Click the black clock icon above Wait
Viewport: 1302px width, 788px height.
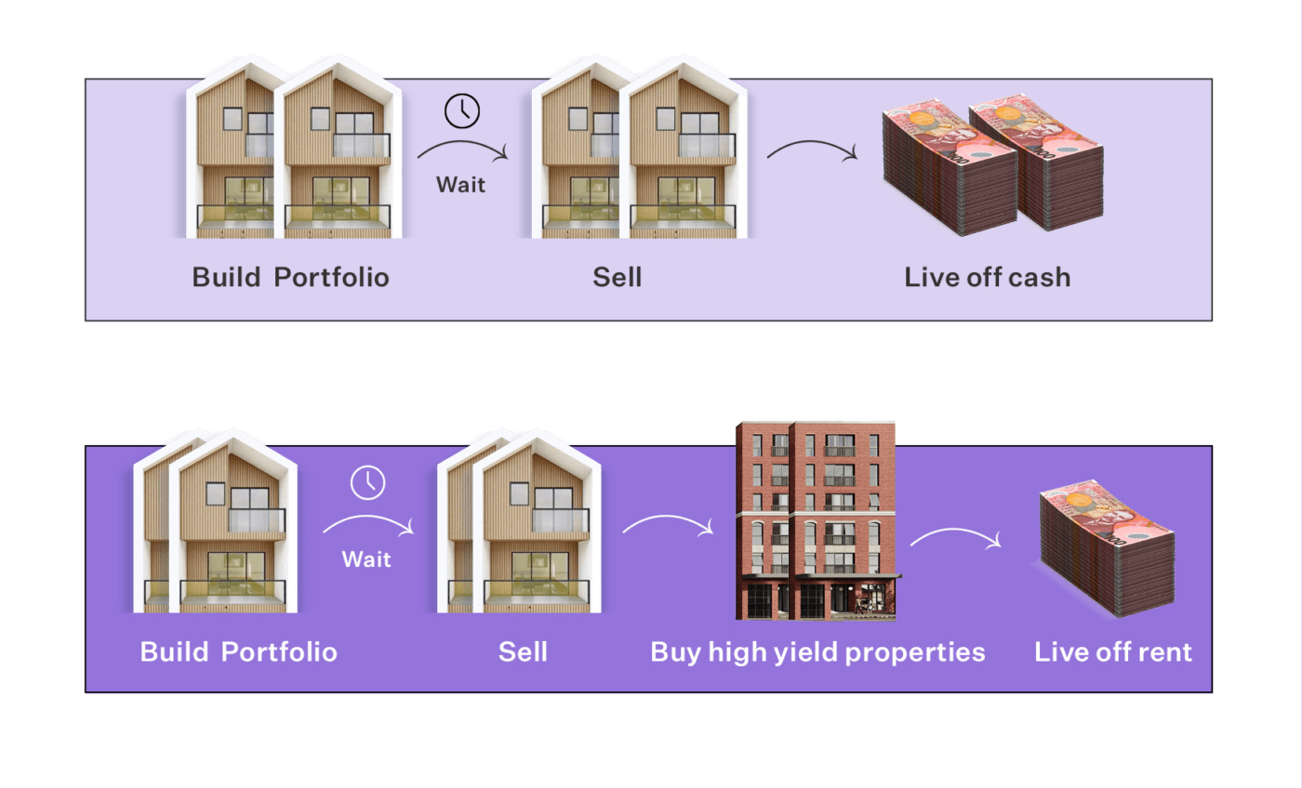tap(462, 112)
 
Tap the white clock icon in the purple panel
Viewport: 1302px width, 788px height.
tap(367, 483)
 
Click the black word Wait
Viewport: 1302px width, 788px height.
tap(461, 185)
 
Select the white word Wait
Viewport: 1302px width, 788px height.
tap(366, 559)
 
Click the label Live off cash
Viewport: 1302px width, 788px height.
tap(987, 277)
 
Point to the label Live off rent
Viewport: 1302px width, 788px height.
tap(1112, 651)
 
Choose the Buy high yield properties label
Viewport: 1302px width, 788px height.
tap(817, 651)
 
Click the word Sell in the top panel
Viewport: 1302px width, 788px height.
tap(618, 277)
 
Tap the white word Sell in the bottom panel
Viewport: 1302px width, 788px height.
tap(523, 651)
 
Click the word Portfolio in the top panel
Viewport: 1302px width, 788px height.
tap(331, 277)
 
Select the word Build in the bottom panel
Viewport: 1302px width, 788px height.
tap(174, 651)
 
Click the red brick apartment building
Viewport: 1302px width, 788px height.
tap(816, 520)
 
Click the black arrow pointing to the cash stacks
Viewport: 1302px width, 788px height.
tap(811, 150)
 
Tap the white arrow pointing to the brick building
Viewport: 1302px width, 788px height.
tap(667, 526)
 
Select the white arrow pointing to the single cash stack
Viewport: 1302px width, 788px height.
tap(955, 537)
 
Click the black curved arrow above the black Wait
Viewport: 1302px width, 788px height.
tap(461, 151)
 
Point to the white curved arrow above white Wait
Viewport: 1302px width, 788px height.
tap(367, 526)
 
